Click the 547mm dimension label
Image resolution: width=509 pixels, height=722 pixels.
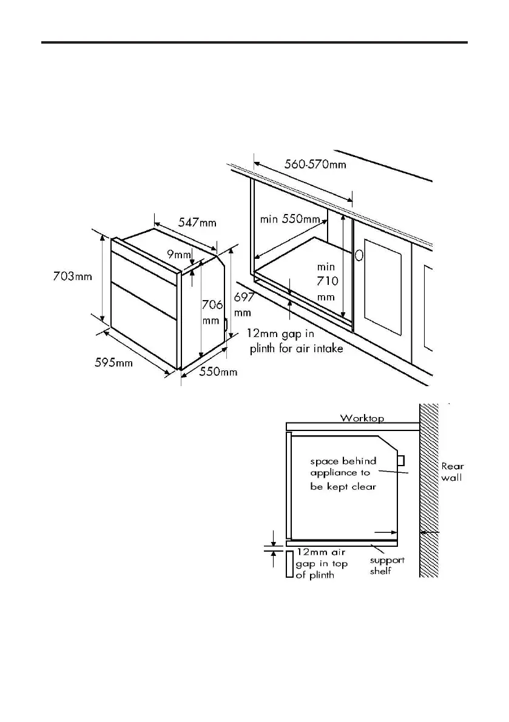[x=197, y=222]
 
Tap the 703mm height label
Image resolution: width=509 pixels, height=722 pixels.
[x=72, y=276]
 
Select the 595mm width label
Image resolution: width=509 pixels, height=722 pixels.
[x=113, y=363]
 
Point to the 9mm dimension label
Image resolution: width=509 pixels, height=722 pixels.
[x=179, y=255]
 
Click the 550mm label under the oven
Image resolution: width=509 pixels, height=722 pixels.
[x=218, y=372]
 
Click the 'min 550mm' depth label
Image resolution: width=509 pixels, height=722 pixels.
[x=290, y=219]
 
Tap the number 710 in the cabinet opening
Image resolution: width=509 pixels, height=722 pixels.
[x=326, y=281]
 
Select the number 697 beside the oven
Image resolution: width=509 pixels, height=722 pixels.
[x=243, y=298]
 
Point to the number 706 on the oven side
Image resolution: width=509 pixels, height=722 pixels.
[x=211, y=305]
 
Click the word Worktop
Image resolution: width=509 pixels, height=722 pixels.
[x=362, y=418]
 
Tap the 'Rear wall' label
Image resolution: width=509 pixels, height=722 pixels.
[x=452, y=472]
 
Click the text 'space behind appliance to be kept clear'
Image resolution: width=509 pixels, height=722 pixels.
[x=343, y=474]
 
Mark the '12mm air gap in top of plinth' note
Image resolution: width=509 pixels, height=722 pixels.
[x=322, y=564]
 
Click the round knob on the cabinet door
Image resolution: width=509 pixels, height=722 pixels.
[x=359, y=256]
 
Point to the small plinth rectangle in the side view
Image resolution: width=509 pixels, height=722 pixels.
[x=289, y=563]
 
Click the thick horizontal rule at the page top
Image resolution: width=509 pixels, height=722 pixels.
[x=254, y=42]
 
